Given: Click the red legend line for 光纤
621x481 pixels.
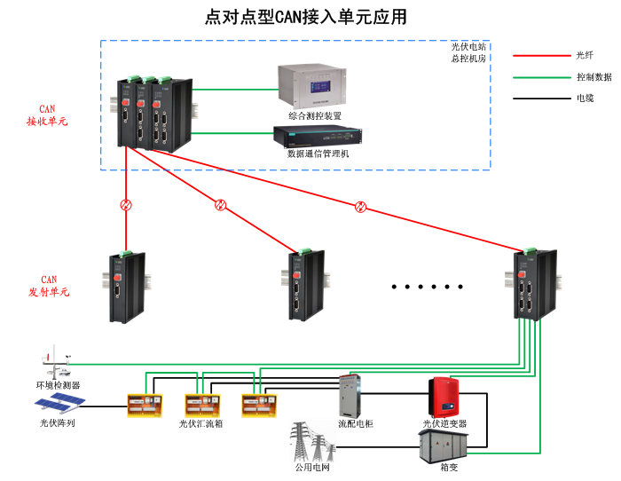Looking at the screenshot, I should coord(538,56).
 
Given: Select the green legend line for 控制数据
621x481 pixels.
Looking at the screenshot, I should coord(538,77).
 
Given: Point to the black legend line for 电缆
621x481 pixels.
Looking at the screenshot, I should coord(538,99).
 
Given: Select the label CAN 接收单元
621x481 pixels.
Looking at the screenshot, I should coord(47,115).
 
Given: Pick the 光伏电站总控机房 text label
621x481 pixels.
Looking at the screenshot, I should coord(468,52).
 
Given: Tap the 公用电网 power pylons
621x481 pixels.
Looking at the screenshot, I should coord(311,440).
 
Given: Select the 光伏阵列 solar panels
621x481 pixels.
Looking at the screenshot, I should coord(59,406).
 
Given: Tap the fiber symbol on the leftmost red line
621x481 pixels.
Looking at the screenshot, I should coord(127,205).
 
